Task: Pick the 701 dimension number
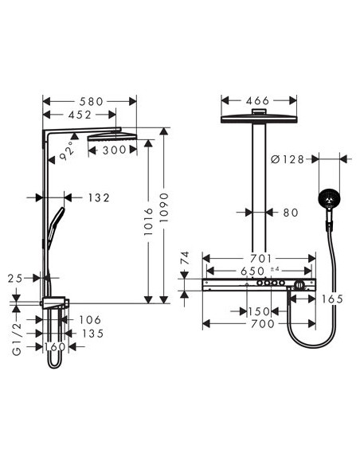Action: [260, 258]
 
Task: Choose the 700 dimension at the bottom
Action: [260, 323]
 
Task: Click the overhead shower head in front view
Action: [257, 118]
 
